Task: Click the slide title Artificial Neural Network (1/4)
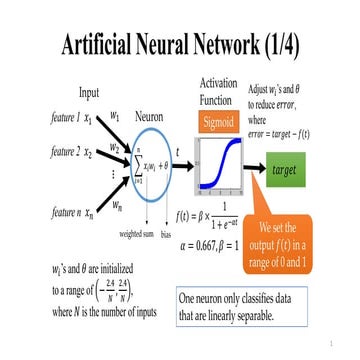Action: [x=180, y=45]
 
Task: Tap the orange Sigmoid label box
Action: [x=219, y=123]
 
